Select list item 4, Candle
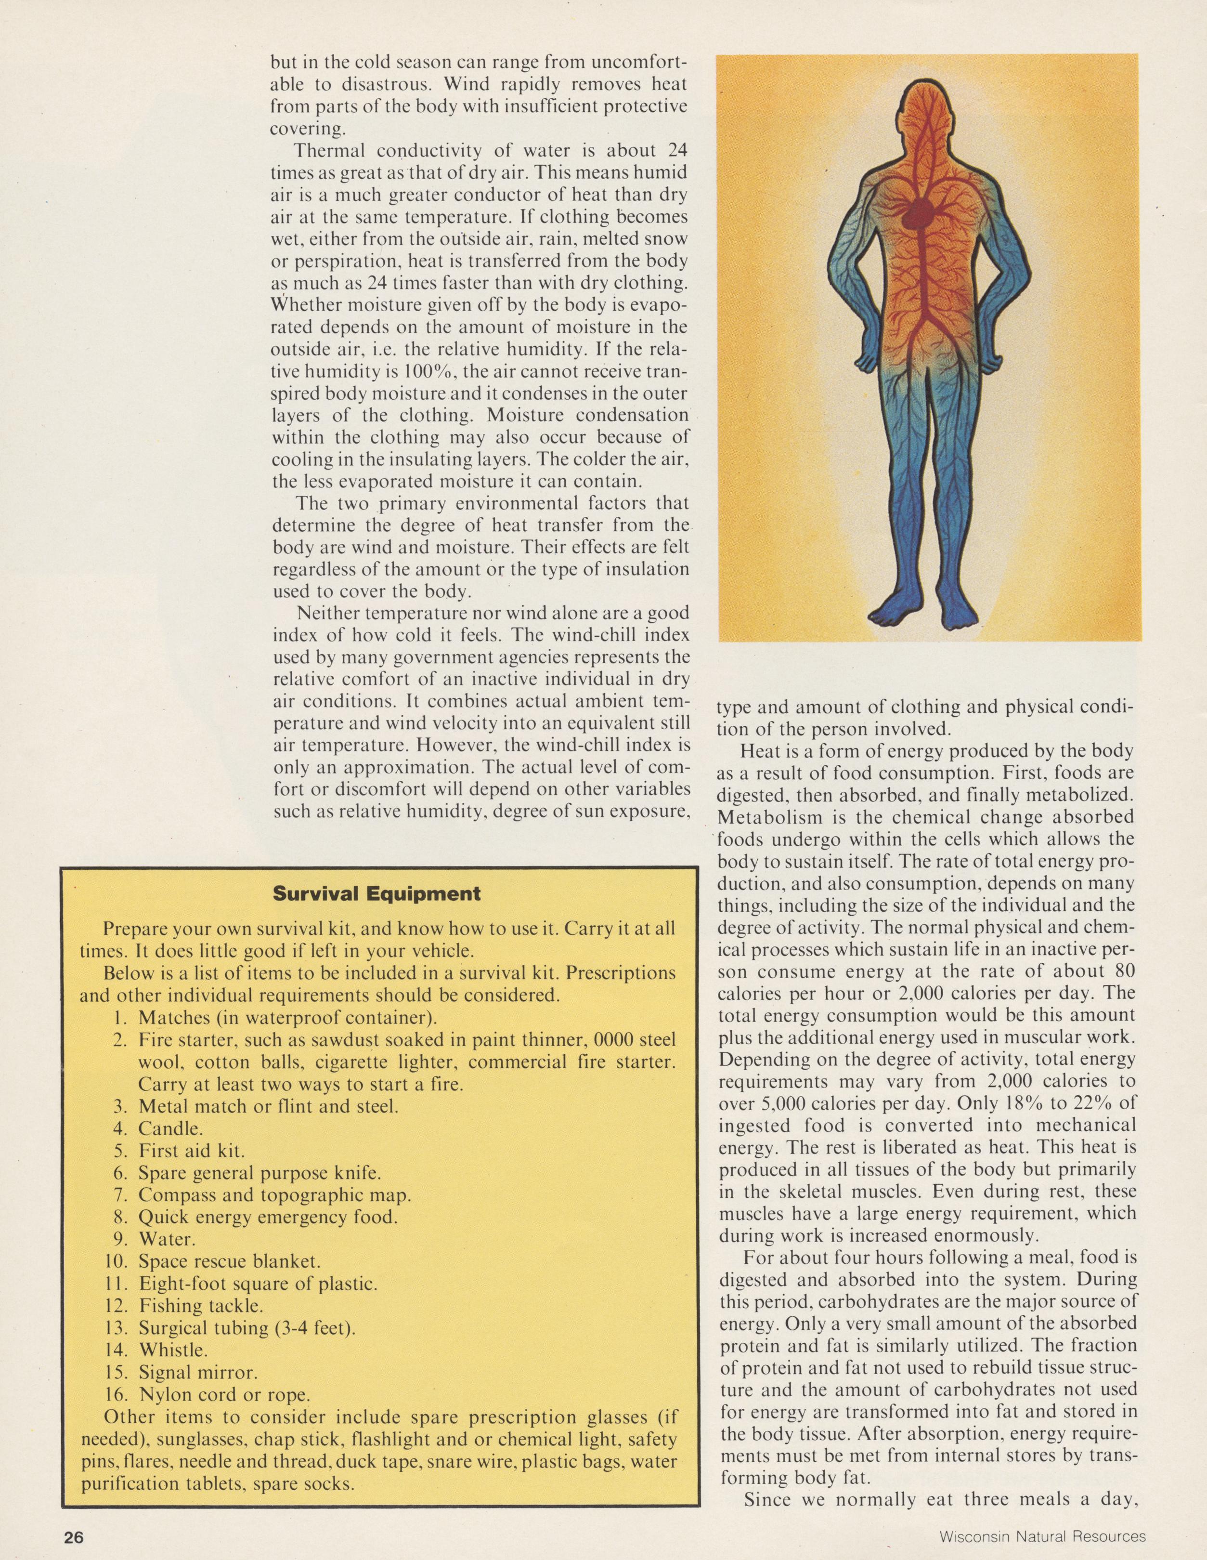pos(171,1128)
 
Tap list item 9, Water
pos(167,1239)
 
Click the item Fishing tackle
pos(201,1306)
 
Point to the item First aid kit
pos(192,1151)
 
